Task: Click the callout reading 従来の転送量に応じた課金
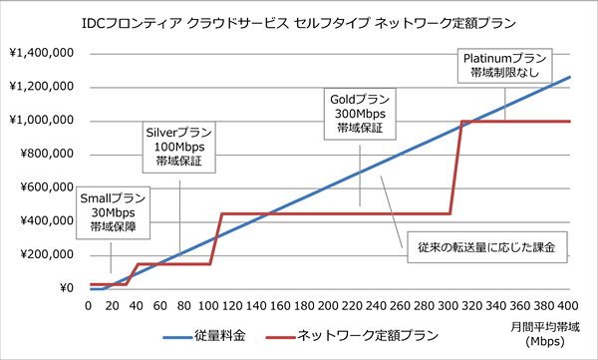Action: (x=485, y=244)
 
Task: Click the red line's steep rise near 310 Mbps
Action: (x=455, y=170)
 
